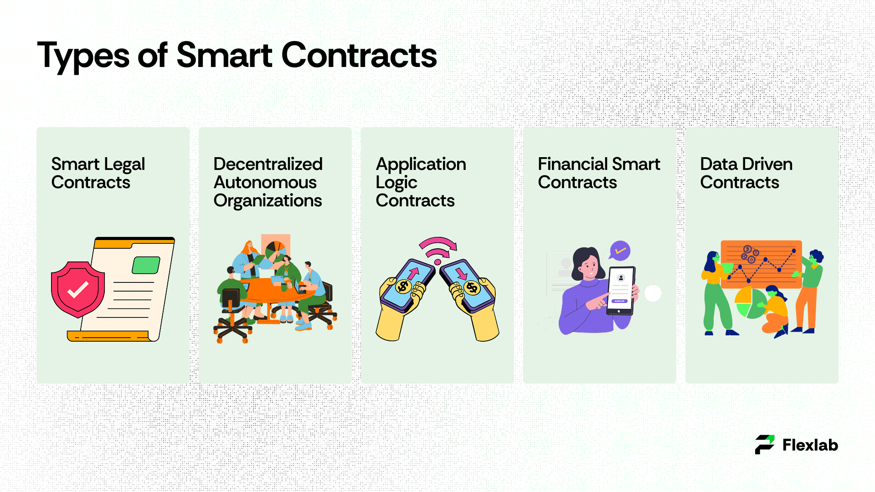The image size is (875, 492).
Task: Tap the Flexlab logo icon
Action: (765, 445)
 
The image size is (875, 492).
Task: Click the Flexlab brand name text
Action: (810, 445)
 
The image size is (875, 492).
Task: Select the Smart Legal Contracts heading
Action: (98, 173)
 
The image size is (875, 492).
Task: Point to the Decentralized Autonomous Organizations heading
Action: (268, 182)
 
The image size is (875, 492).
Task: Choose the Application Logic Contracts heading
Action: (421, 182)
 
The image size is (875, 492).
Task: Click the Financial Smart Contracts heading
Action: (599, 173)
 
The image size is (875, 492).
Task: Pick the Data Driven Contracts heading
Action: (746, 173)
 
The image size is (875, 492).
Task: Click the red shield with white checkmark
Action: (78, 289)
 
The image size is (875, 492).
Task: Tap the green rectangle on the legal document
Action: (146, 265)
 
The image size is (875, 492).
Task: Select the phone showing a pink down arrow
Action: (468, 286)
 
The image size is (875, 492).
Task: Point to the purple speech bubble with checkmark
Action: (620, 250)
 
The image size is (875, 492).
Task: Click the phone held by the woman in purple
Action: (620, 291)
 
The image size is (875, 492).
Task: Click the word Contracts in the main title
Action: (359, 56)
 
